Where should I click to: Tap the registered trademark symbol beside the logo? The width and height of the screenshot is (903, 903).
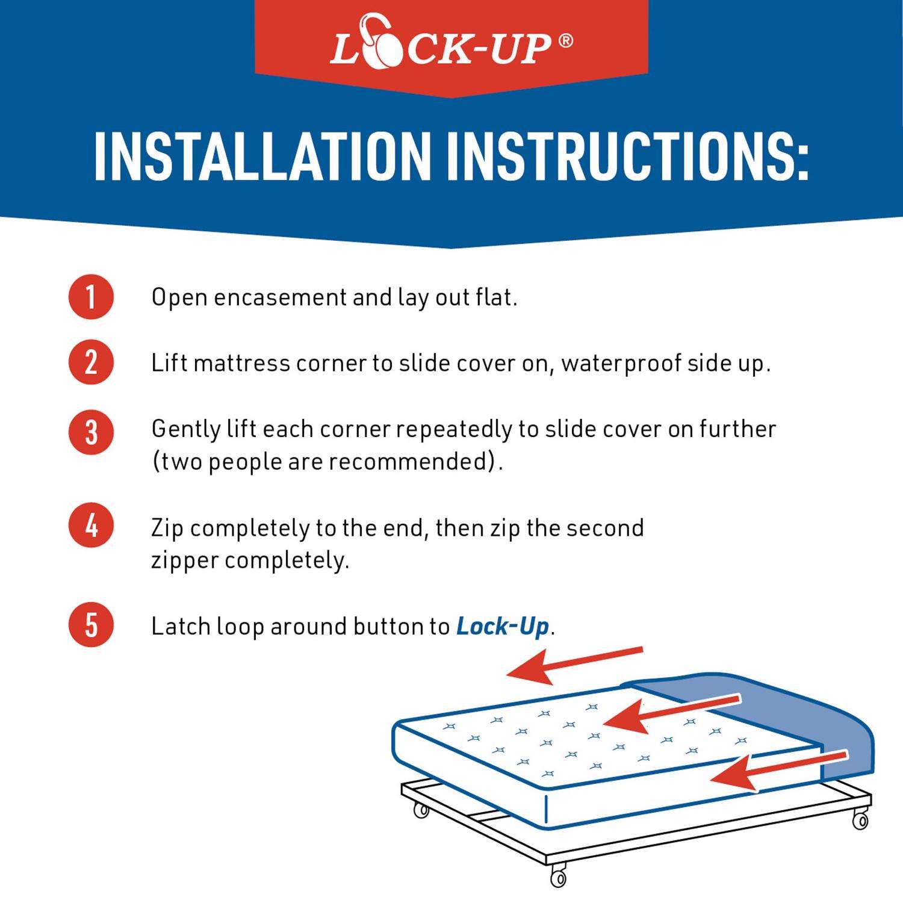click(x=565, y=42)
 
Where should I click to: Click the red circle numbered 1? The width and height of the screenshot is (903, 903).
click(x=91, y=297)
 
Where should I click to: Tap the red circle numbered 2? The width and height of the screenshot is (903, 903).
click(x=91, y=362)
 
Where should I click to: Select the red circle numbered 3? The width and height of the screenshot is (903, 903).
click(x=91, y=432)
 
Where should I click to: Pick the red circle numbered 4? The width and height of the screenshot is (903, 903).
click(x=91, y=526)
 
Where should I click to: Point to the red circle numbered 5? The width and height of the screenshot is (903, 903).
click(x=91, y=624)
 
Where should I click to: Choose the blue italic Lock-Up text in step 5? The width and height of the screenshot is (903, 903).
click(x=503, y=627)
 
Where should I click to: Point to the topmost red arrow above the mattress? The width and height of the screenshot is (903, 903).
click(x=575, y=666)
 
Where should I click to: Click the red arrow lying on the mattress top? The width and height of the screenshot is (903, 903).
click(x=671, y=713)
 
